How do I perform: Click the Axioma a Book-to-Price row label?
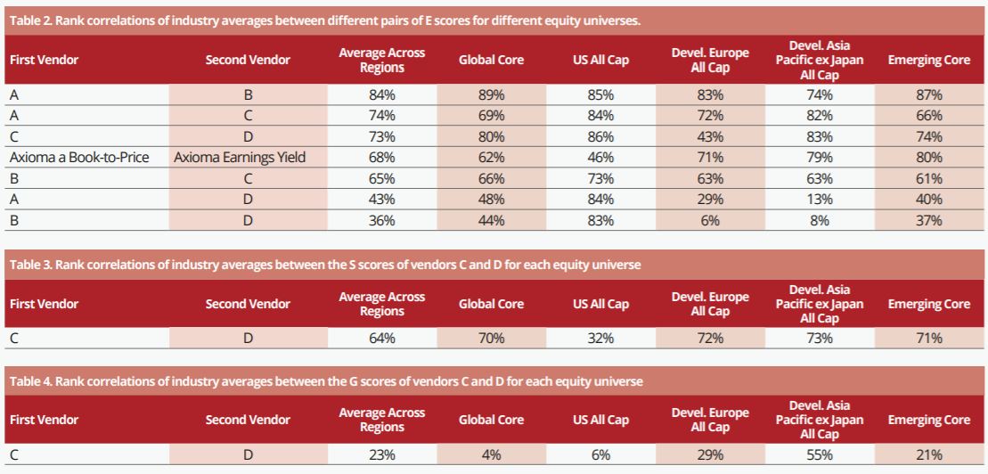pos(78,158)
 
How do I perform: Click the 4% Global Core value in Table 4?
pos(491,454)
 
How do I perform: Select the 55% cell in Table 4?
pos(819,454)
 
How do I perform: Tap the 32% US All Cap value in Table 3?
pos(600,339)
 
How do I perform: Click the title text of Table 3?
pos(325,266)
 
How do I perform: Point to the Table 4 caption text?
pos(326,381)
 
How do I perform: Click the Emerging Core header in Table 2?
pos(928,61)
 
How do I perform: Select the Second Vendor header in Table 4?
pos(248,420)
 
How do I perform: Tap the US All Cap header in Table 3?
pos(600,304)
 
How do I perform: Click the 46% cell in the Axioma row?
pos(600,158)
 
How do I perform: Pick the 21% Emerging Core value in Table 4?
pos(928,454)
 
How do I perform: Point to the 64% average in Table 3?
pos(381,339)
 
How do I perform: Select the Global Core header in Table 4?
pos(491,420)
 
